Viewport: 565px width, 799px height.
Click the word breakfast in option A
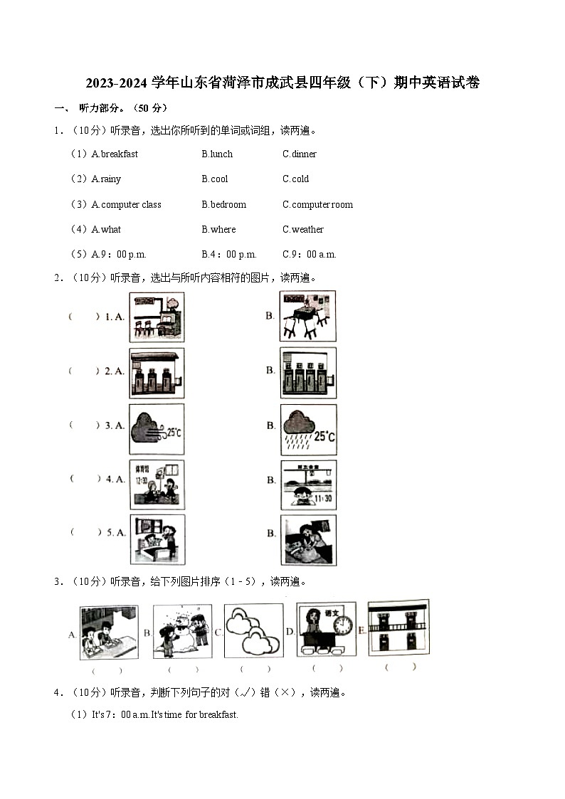(119, 154)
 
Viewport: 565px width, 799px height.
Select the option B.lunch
(217, 154)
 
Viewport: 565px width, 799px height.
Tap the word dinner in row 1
(300, 154)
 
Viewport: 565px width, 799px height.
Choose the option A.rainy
(106, 179)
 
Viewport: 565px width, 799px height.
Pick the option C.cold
(295, 179)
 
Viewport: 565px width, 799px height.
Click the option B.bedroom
(223, 204)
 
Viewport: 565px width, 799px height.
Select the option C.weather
(303, 229)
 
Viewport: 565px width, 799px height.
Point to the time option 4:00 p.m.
(229, 254)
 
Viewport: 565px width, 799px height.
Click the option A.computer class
(126, 204)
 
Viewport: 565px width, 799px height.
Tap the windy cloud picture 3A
(157, 429)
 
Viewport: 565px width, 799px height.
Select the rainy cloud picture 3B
(308, 429)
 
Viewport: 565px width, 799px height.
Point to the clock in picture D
(343, 625)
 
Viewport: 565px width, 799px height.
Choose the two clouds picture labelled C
(253, 631)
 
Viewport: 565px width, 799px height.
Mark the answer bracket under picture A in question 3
(107, 670)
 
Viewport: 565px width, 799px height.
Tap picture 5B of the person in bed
(308, 540)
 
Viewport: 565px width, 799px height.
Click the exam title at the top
(282, 83)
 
